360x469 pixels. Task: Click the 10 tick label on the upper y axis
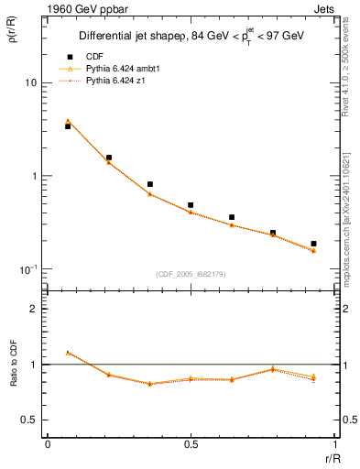(x=30, y=82)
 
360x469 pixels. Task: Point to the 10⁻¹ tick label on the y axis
(x=27, y=268)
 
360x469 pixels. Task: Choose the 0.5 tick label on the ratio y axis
(x=29, y=420)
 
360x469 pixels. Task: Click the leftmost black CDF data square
(x=68, y=126)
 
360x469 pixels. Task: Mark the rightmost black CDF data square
(x=313, y=244)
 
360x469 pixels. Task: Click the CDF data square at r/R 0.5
(x=191, y=205)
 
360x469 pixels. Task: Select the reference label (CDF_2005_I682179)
(x=191, y=273)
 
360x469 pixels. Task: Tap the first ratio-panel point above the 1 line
(x=68, y=352)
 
